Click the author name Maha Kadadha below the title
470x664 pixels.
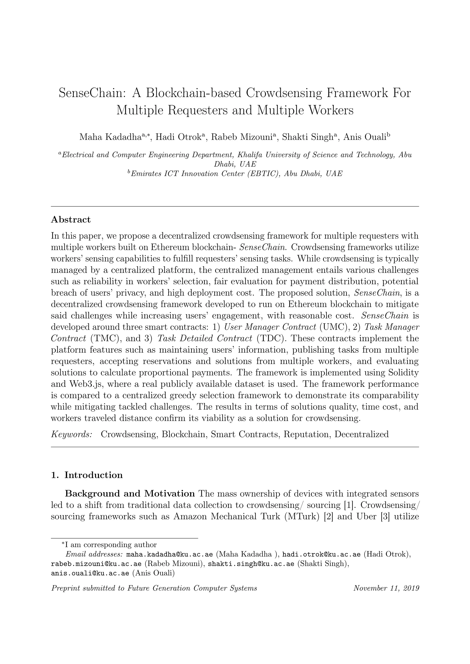pos(110,137)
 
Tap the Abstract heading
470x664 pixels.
pos(71,219)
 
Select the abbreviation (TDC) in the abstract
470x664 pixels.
pos(269,338)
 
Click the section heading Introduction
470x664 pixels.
pos(93,475)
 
